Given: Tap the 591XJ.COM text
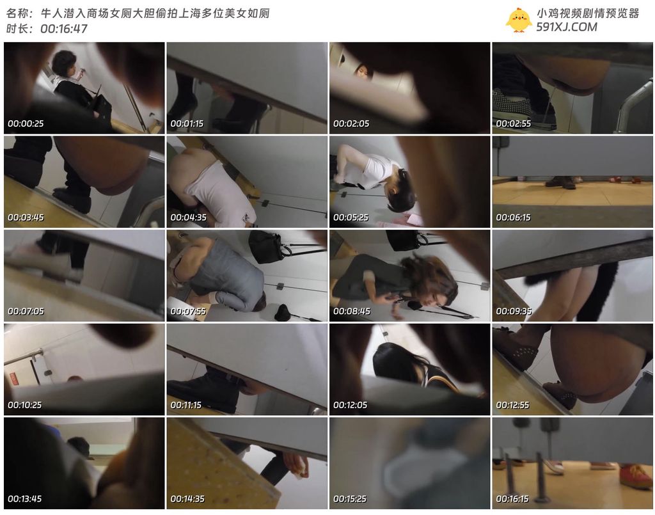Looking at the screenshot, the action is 567,27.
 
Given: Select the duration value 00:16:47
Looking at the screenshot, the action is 64,28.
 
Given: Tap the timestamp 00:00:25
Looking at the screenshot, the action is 26,123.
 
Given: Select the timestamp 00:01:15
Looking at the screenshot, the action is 187,123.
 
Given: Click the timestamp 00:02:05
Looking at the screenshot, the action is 351,123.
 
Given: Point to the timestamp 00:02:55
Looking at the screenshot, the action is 514,123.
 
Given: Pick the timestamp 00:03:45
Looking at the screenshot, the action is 26,218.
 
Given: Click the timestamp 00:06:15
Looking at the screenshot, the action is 513,218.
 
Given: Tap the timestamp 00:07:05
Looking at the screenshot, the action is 26,311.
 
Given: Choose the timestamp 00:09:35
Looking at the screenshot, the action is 514,311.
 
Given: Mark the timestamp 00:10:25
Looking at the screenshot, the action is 25,405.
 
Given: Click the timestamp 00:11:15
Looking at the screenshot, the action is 186,405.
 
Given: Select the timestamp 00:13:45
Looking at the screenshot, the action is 25,499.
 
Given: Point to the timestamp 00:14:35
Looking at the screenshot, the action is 187,499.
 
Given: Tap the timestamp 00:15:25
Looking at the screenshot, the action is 350,499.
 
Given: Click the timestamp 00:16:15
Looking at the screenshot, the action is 512,499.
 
